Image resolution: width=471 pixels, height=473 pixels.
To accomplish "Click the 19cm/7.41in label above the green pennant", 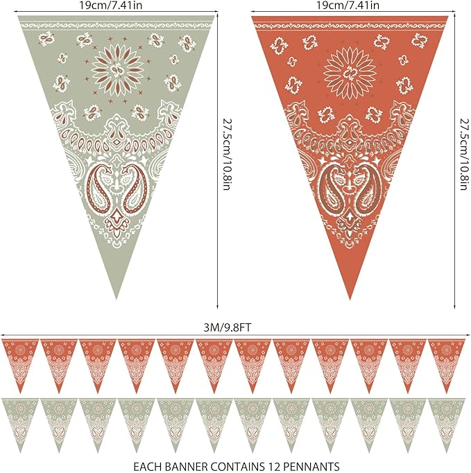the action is (x=110, y=5).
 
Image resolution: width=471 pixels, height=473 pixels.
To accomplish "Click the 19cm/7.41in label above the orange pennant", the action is (x=348, y=5).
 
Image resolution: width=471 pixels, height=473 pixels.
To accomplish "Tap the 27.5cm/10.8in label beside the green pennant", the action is (x=228, y=154).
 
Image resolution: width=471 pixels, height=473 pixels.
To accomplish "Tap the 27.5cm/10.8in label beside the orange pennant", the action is (x=464, y=154).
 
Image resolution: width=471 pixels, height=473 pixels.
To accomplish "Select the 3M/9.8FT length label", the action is (x=228, y=327).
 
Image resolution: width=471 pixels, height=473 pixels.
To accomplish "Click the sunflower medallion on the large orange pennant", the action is (x=350, y=73).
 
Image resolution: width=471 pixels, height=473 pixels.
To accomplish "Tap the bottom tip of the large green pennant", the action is (x=116, y=299).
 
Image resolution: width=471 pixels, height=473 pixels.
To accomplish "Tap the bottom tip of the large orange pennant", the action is (x=350, y=300).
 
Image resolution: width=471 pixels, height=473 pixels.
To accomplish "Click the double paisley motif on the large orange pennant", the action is (x=350, y=190).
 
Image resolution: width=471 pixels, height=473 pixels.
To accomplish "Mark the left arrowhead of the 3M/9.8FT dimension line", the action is (x=3, y=335).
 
